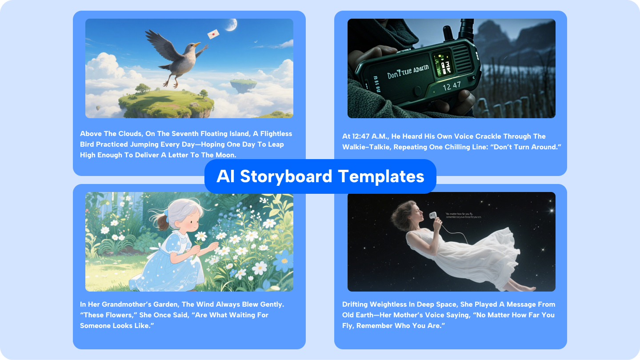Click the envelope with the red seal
(213, 34)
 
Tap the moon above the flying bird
(231, 25)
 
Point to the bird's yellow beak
(196, 44)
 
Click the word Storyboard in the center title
(286, 176)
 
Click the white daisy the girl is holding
(201, 236)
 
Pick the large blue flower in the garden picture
(283, 260)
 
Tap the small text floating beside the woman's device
(463, 215)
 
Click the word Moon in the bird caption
(224, 155)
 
